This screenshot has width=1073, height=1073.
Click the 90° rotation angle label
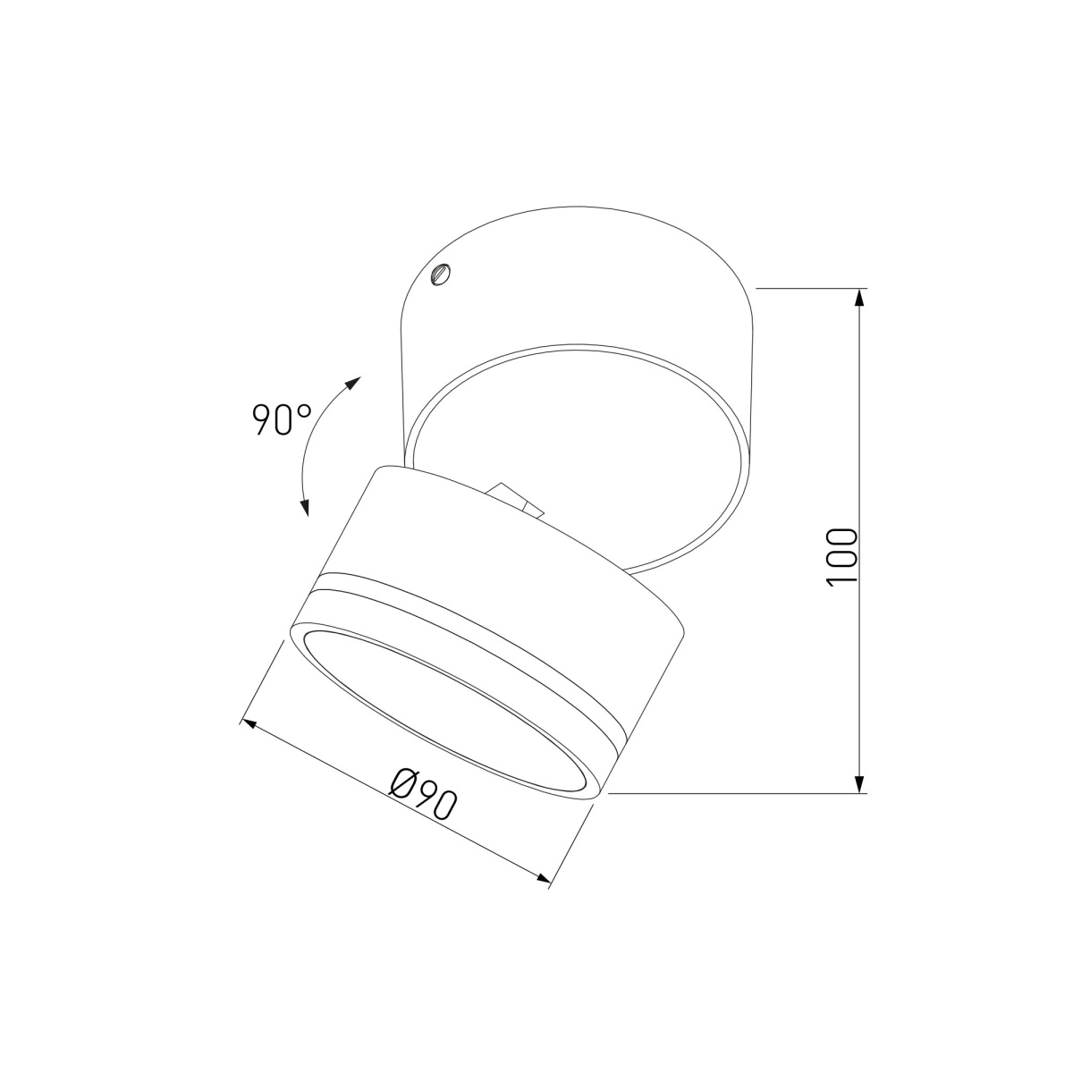pos(282,419)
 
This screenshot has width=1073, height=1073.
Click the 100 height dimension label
pos(841,556)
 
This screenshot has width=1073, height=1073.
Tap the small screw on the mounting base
pos(441,274)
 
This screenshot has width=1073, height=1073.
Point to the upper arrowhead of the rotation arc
pos(352,384)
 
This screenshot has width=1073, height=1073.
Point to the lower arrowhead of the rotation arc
pos(304,507)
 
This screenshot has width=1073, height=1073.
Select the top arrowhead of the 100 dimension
pos(860,298)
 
